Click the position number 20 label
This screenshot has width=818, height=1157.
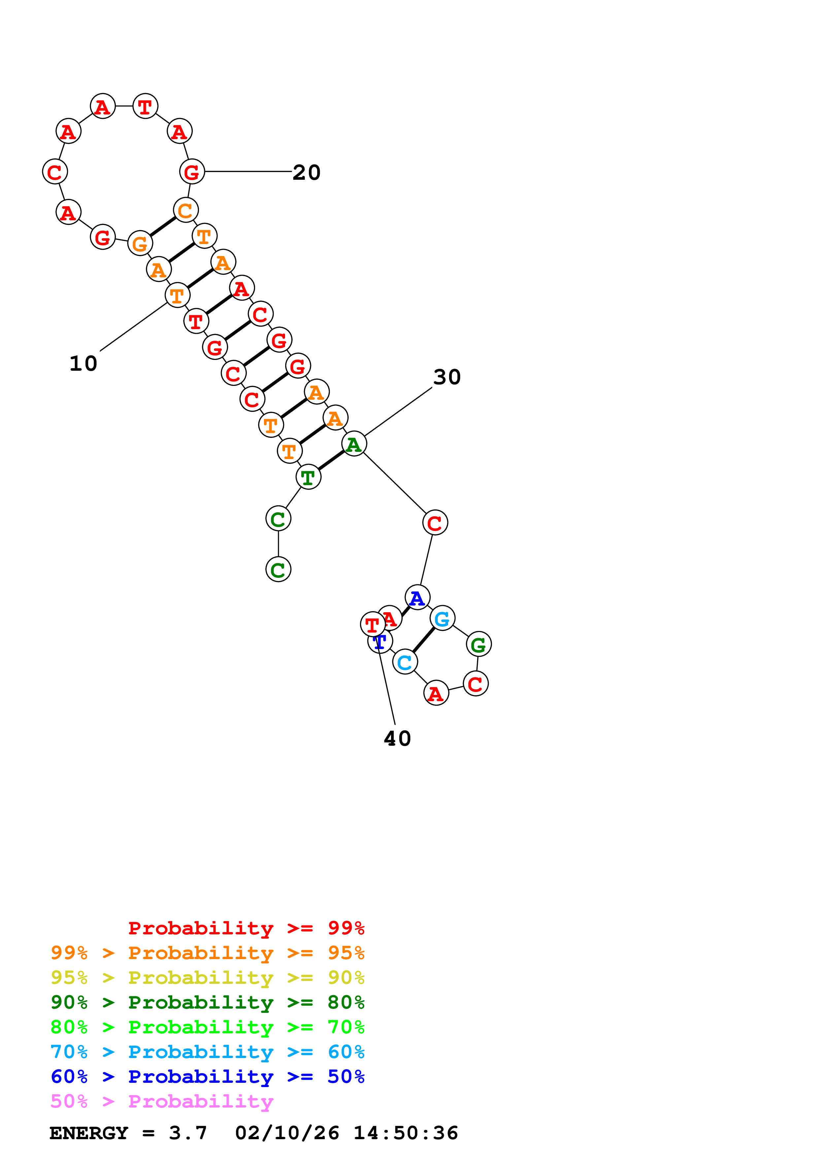pyautogui.click(x=307, y=173)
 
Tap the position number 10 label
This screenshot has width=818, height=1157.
pyautogui.click(x=83, y=364)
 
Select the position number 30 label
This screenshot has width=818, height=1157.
pyautogui.click(x=446, y=377)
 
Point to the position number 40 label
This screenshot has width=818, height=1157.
pyautogui.click(x=397, y=739)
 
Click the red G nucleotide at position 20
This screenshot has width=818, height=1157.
pyautogui.click(x=192, y=172)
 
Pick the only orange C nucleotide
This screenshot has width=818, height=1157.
pyautogui.click(x=185, y=210)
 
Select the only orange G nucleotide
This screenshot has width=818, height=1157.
pyautogui.click(x=140, y=243)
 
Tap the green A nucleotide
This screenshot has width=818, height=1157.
pyautogui.click(x=354, y=444)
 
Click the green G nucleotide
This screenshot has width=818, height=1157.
pyautogui.click(x=478, y=644)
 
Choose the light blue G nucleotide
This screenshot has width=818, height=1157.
pyautogui.click(x=442, y=618)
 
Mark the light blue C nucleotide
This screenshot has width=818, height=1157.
pyautogui.click(x=405, y=662)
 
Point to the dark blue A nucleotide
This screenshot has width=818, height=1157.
pyautogui.click(x=417, y=598)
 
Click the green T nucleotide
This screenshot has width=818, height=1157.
pyautogui.click(x=308, y=477)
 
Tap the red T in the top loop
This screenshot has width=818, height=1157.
pyautogui.click(x=145, y=106)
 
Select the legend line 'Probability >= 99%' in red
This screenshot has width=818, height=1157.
pyautogui.click(x=246, y=928)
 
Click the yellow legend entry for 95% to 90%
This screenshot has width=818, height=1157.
pyautogui.click(x=207, y=978)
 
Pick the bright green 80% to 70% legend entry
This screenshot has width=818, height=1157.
pyautogui.click(x=207, y=1027)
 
